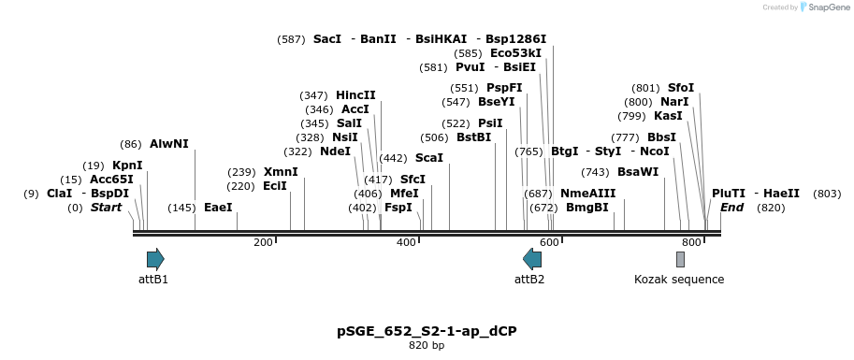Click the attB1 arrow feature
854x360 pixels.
click(x=155, y=259)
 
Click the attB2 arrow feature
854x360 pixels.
click(x=532, y=259)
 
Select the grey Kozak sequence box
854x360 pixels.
click(x=680, y=259)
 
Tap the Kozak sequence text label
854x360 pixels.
click(x=678, y=280)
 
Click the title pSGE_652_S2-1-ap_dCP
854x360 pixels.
click(x=427, y=331)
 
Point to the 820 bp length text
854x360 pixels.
click(x=427, y=346)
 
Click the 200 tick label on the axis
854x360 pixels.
click(x=263, y=243)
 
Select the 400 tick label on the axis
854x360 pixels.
click(x=406, y=243)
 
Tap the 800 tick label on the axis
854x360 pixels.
click(x=692, y=243)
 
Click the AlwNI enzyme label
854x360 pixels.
click(x=168, y=144)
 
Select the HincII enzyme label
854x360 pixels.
click(x=355, y=95)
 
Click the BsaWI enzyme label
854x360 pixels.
click(x=638, y=172)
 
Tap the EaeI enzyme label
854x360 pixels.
click(x=218, y=208)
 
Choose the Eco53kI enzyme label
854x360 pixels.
click(x=515, y=53)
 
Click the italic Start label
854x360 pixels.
click(x=106, y=208)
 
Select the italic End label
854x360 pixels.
click(x=732, y=208)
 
